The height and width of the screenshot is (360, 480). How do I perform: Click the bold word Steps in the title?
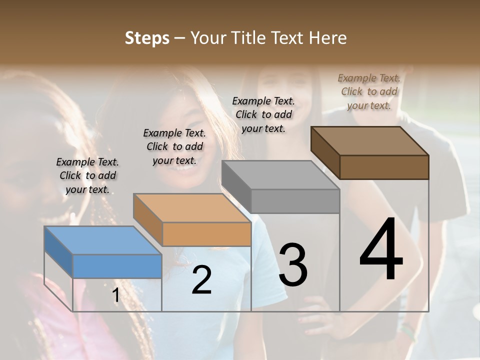[x=147, y=38]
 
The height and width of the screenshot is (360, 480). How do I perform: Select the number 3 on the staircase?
[x=292, y=265]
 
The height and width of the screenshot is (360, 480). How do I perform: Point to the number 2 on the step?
[x=201, y=280]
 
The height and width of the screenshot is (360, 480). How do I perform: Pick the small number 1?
[x=115, y=295]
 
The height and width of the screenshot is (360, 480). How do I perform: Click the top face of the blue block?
[x=102, y=240]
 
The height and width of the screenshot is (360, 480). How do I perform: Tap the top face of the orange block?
[x=192, y=208]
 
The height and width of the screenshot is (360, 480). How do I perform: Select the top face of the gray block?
[x=280, y=175]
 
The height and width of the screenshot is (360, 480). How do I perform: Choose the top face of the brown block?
[x=369, y=141]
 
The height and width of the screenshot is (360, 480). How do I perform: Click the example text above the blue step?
[x=87, y=175]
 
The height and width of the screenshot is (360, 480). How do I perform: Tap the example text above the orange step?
[x=174, y=146]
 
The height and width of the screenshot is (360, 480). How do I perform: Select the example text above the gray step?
[x=263, y=114]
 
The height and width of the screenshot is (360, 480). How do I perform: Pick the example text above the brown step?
[x=369, y=91]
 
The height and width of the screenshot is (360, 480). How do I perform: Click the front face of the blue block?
[x=117, y=266]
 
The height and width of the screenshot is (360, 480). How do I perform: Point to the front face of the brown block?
[x=384, y=167]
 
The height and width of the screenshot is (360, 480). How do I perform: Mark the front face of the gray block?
[x=295, y=201]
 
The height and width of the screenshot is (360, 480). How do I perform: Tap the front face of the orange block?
[x=206, y=234]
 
